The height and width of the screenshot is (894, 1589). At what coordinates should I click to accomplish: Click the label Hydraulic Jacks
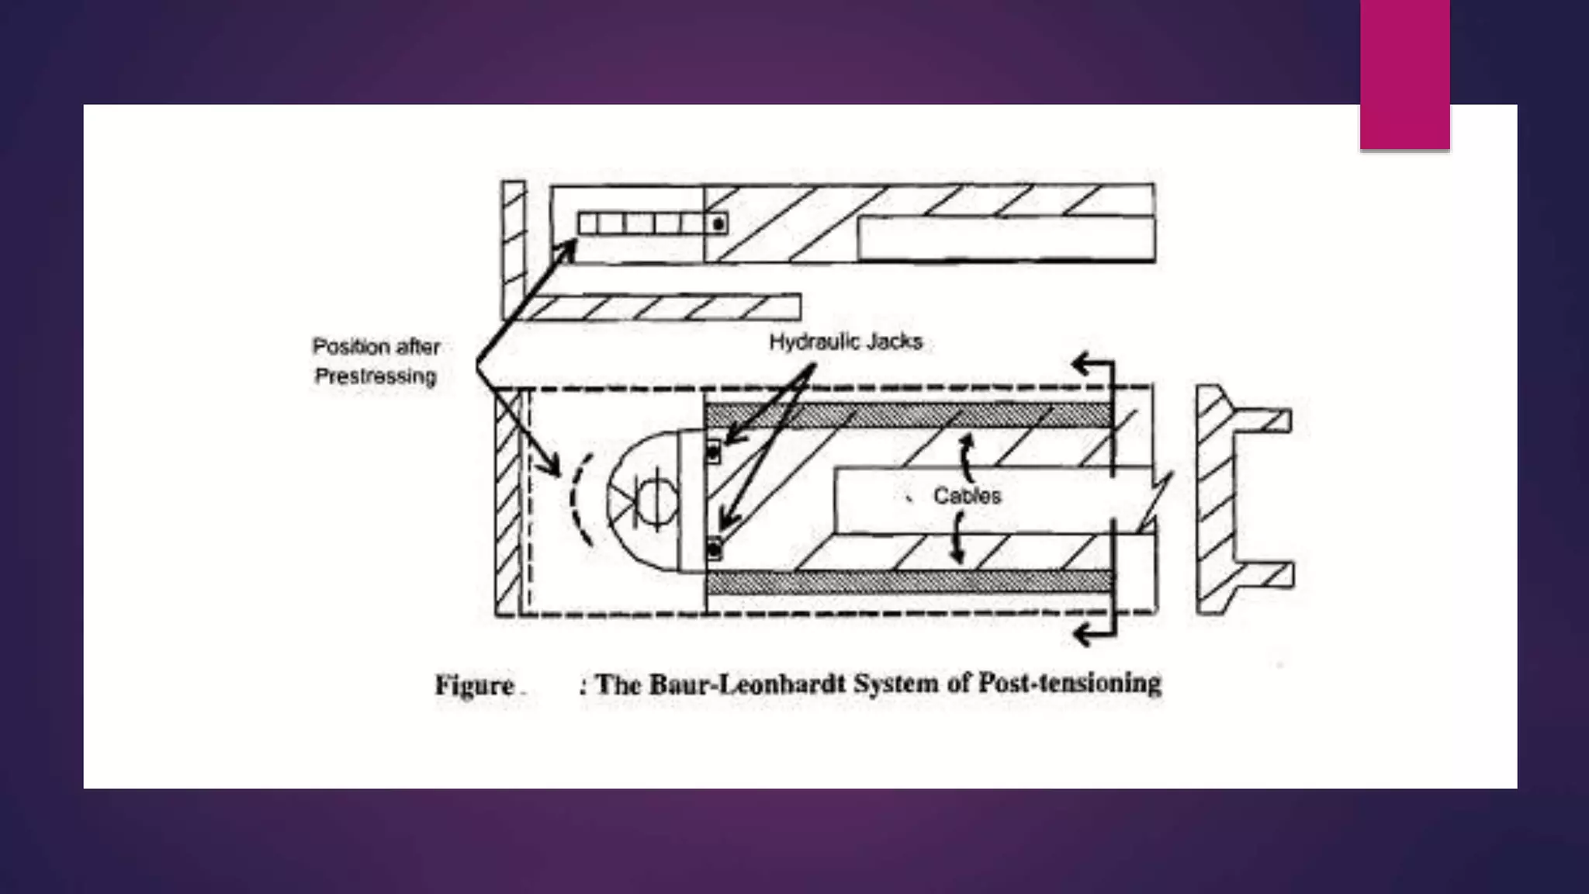pyautogui.click(x=845, y=342)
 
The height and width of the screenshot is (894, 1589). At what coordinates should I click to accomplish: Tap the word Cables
pyautogui.click(x=967, y=496)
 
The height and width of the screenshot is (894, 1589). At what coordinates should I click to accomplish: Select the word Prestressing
pyautogui.click(x=376, y=376)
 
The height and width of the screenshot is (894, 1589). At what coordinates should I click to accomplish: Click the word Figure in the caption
pyautogui.click(x=474, y=685)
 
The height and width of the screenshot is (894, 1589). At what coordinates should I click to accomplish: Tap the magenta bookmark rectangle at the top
pyautogui.click(x=1404, y=74)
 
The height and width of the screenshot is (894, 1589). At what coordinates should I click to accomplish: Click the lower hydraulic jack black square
pyautogui.click(x=714, y=550)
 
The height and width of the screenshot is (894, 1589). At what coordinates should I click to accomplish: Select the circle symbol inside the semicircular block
pyautogui.click(x=656, y=500)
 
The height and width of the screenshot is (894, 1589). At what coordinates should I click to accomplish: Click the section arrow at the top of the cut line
pyautogui.click(x=1090, y=363)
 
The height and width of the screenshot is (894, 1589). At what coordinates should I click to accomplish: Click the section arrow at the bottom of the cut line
pyautogui.click(x=1090, y=635)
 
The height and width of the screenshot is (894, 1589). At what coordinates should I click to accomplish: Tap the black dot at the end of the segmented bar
pyautogui.click(x=718, y=224)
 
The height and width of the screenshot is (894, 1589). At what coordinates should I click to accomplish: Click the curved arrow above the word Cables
pyautogui.click(x=965, y=458)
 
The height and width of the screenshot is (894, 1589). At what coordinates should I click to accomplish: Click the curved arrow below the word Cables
pyautogui.click(x=958, y=539)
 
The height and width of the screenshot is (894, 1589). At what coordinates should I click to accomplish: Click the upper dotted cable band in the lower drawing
pyautogui.click(x=908, y=415)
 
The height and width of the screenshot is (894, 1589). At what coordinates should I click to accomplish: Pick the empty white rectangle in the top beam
pyautogui.click(x=1006, y=239)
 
